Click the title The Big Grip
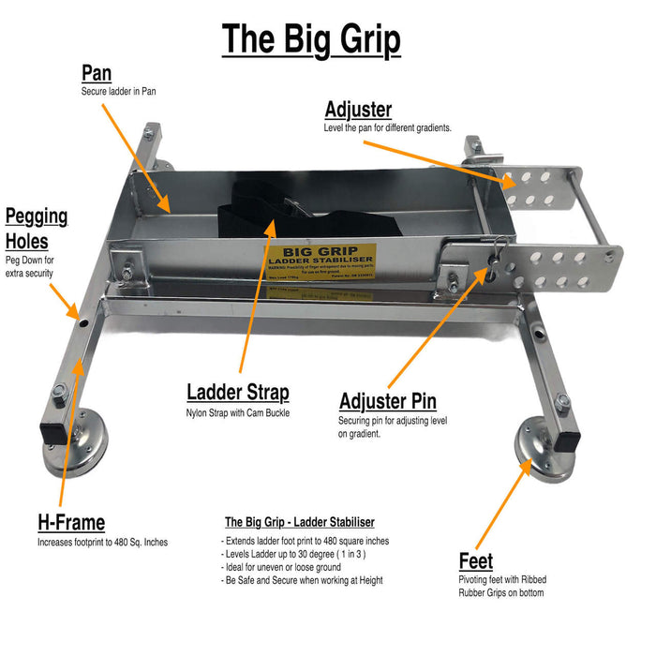pyautogui.click(x=310, y=40)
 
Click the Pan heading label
pyautogui.click(x=97, y=73)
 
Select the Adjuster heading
pyautogui.click(x=358, y=110)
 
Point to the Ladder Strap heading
pyautogui.click(x=237, y=393)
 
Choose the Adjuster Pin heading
pyautogui.click(x=387, y=402)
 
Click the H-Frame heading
pyautogui.click(x=70, y=523)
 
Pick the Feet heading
pyautogui.click(x=475, y=561)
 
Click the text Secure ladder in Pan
pyautogui.click(x=118, y=92)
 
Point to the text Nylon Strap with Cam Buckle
pyautogui.click(x=238, y=412)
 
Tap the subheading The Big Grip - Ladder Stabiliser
pyautogui.click(x=299, y=522)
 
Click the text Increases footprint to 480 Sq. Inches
pyautogui.click(x=102, y=542)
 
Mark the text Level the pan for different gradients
pyautogui.click(x=387, y=127)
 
